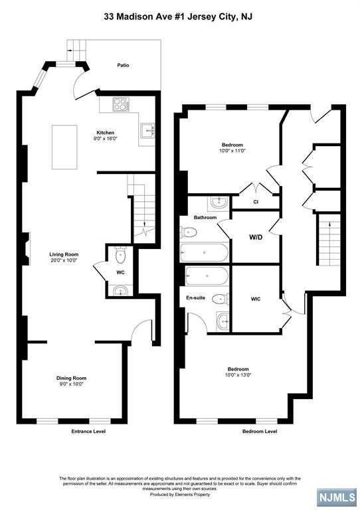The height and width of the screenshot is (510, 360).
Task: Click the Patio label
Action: pyautogui.click(x=123, y=65)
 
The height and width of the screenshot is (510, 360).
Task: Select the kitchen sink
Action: pyautogui.click(x=148, y=131)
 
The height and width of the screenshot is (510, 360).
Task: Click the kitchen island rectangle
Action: pyautogui.click(x=64, y=147)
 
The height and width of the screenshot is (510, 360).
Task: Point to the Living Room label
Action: pyautogui.click(x=64, y=254)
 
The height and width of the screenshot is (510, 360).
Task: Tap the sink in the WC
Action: pyautogui.click(x=120, y=291)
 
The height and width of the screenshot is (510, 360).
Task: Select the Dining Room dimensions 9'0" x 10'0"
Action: pyautogui.click(x=72, y=384)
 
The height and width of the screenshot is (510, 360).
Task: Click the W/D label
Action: pyautogui.click(x=256, y=237)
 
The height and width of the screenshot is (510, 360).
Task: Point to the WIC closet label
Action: pyautogui.click(x=256, y=299)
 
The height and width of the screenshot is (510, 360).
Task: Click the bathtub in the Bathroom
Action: pyautogui.click(x=204, y=252)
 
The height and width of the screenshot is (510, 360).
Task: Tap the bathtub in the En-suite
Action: pyautogui.click(x=207, y=276)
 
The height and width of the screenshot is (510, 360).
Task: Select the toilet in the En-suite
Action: pyautogui.click(x=220, y=298)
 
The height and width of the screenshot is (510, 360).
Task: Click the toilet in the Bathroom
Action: pyautogui.click(x=188, y=232)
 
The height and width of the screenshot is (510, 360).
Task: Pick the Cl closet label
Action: pyautogui.click(x=256, y=202)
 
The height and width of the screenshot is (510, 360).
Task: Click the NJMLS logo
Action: pyautogui.click(x=337, y=497)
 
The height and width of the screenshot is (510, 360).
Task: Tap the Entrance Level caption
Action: pyautogui.click(x=88, y=431)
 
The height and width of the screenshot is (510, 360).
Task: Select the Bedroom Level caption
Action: pyautogui.click(x=260, y=431)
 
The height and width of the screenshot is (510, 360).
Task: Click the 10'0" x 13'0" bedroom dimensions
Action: pyautogui.click(x=238, y=375)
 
